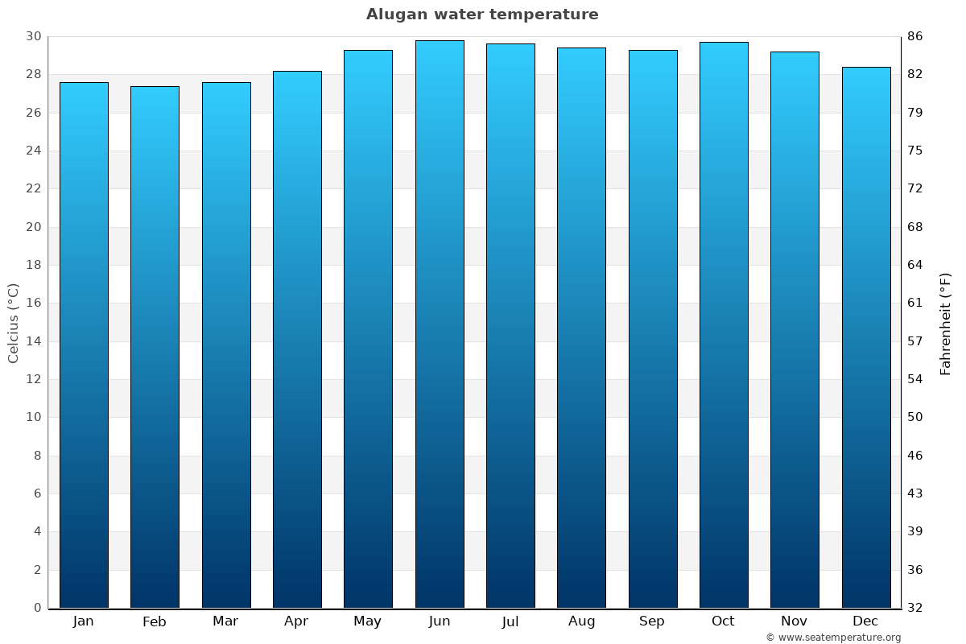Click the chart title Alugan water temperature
coord(482,14)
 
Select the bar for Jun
coord(440,324)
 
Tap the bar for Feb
coord(155,347)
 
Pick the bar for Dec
coord(866,337)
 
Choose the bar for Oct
coord(724,325)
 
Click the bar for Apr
coord(297,340)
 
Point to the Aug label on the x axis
coord(581,621)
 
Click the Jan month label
coord(83,621)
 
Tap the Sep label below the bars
coord(652,621)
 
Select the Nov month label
coord(795,621)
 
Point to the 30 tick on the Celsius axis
coord(33,36)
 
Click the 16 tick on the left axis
coord(33,303)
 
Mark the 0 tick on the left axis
coord(37,608)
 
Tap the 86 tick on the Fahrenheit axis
coord(915,36)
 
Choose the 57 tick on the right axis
coord(915,341)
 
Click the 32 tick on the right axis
coord(915,608)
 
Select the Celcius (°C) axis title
coord(13,323)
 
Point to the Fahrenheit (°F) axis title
coord(946,323)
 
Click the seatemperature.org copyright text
coord(832,638)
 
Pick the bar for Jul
coord(510,326)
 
